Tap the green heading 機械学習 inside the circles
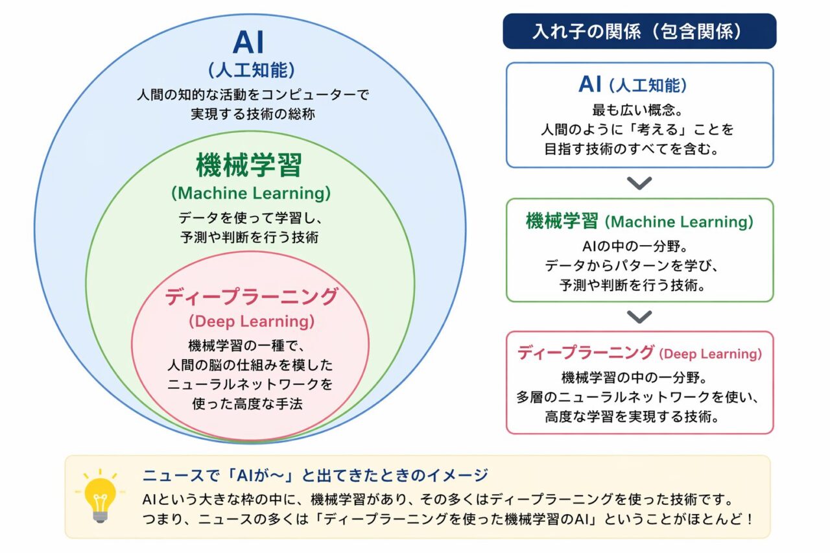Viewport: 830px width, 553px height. pos(250,165)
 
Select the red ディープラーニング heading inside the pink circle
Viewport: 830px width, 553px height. pos(251,297)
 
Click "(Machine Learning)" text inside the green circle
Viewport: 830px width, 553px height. pos(250,193)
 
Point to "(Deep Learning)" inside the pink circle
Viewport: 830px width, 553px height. pos(251,321)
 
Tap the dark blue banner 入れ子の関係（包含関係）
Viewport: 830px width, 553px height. pos(639,31)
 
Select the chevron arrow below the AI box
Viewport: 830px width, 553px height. pos(639,183)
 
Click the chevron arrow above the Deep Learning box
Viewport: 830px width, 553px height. pos(639,316)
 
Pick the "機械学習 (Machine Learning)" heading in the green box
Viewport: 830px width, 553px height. pos(639,222)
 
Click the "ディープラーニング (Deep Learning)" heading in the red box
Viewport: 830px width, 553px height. pos(639,353)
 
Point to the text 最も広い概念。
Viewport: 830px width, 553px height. pos(639,110)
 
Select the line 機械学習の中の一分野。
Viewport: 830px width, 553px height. pos(639,377)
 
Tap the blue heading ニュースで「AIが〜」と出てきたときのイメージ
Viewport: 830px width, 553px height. pos(315,476)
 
